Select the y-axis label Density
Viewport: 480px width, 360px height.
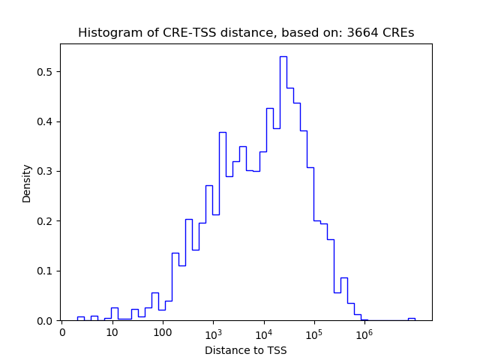coord(27,183)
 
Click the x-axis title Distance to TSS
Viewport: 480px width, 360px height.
coord(246,350)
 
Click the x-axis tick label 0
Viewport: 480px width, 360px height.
coord(62,332)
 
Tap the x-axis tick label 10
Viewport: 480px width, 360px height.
coord(112,332)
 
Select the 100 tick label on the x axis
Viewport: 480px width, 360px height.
coord(163,332)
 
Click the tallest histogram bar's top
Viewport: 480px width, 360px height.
coord(283,57)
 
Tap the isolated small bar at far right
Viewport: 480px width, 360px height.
coord(411,319)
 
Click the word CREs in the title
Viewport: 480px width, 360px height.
coord(399,33)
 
